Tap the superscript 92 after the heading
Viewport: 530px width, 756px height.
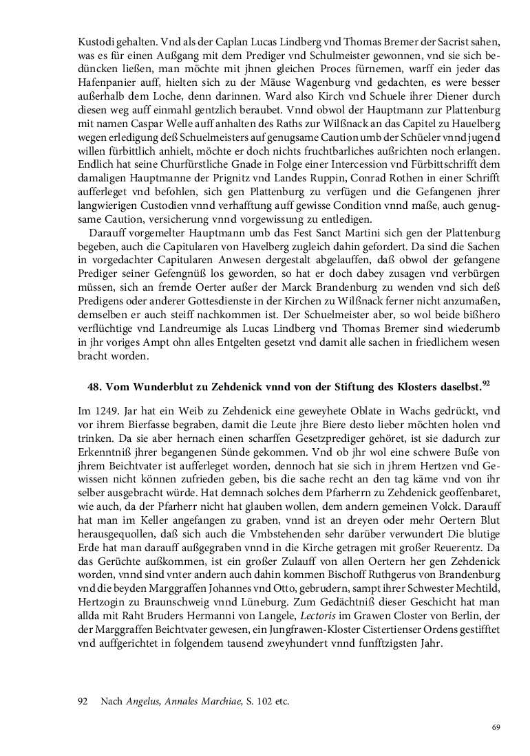(x=486, y=383)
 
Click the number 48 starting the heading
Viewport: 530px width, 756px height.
(x=95, y=387)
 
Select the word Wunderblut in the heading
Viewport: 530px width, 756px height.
(x=161, y=387)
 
